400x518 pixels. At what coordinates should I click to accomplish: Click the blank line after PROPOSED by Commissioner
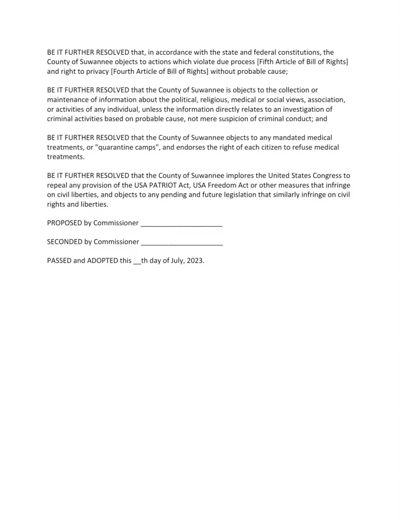pyautogui.click(x=182, y=224)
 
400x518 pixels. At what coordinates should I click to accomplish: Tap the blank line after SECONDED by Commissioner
pyautogui.click(x=182, y=242)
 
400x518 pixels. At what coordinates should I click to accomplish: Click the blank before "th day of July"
pyautogui.click(x=137, y=263)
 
